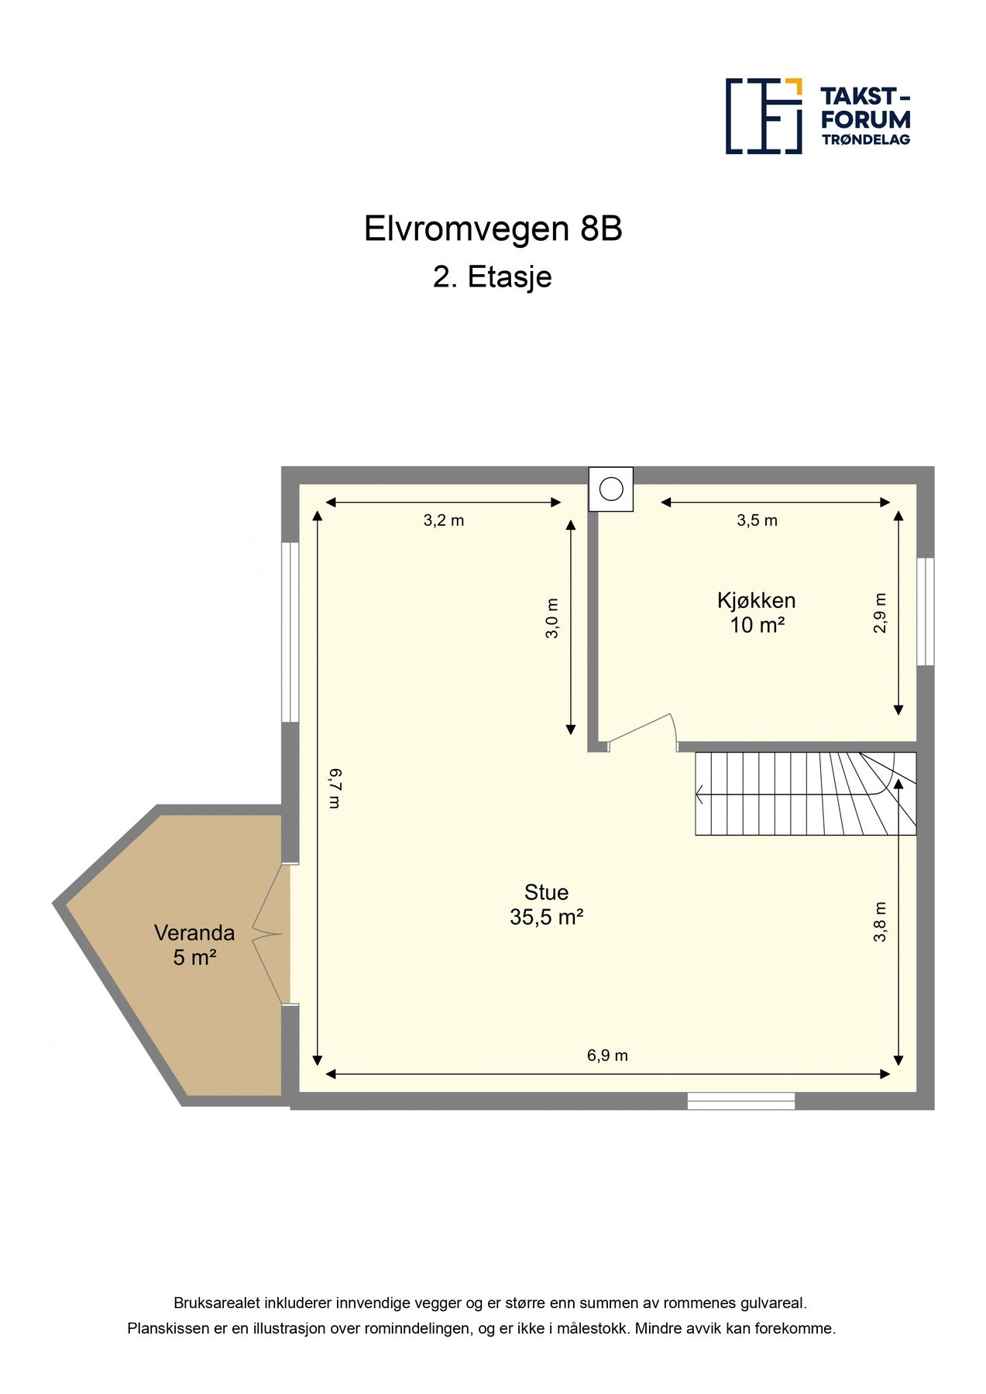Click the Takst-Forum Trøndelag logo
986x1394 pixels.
pyautogui.click(x=817, y=116)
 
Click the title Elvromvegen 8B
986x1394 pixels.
pyautogui.click(x=493, y=229)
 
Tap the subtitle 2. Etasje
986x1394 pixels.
pyautogui.click(x=492, y=277)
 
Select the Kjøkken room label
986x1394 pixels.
pyautogui.click(x=756, y=600)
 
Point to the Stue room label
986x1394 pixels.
pyautogui.click(x=546, y=892)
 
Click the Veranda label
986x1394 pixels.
pyautogui.click(x=194, y=932)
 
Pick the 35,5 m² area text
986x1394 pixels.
pyautogui.click(x=546, y=918)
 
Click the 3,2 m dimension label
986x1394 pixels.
pyautogui.click(x=443, y=520)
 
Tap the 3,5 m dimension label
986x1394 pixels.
pyautogui.click(x=757, y=520)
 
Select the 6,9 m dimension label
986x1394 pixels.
pyautogui.click(x=607, y=1056)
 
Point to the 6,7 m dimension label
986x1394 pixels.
pyautogui.click(x=335, y=788)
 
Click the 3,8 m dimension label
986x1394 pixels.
pyautogui.click(x=880, y=922)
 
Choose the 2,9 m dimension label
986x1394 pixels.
pyautogui.click(x=880, y=613)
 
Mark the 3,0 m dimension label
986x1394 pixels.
pyautogui.click(x=552, y=618)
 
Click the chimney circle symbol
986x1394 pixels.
pyautogui.click(x=611, y=489)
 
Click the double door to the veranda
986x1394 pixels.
pyautogui.click(x=271, y=934)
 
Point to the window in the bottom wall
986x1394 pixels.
pyautogui.click(x=740, y=1100)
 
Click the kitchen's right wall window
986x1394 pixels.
pyautogui.click(x=925, y=612)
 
